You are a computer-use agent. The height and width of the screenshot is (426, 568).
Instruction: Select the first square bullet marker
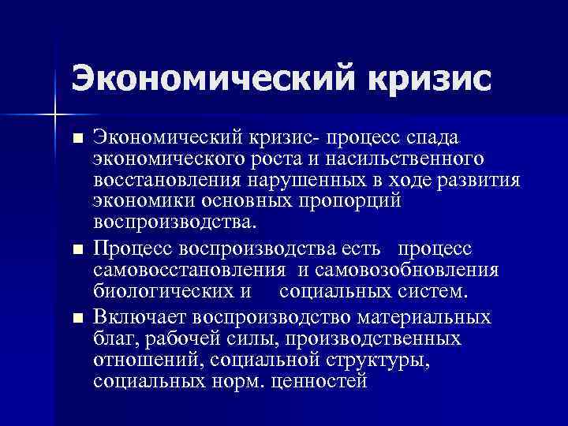(x=77, y=139)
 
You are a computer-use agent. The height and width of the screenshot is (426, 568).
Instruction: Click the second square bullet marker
(x=77, y=250)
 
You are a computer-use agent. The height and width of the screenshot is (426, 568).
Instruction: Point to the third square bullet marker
(x=77, y=319)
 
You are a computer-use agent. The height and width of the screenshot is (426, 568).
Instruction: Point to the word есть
(x=362, y=249)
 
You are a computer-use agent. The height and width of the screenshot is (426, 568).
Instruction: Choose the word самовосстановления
(x=189, y=271)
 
